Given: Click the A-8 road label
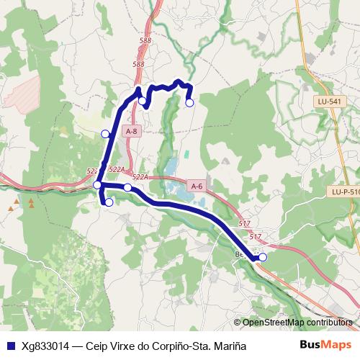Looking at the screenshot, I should [x=131, y=132].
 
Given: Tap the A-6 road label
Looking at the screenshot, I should [x=197, y=185].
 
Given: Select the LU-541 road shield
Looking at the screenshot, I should [x=328, y=102].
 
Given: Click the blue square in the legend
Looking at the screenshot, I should [x=10, y=346].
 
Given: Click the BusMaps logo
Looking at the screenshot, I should [x=325, y=345].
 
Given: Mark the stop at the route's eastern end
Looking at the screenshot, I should [x=263, y=257].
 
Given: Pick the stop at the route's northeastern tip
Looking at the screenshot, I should [x=189, y=103].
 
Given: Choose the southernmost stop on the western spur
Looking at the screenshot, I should [x=109, y=202].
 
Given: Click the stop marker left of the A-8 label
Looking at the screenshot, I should [x=105, y=134].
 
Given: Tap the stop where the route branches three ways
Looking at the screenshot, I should [x=98, y=185].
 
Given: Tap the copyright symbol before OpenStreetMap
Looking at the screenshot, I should [x=238, y=323].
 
